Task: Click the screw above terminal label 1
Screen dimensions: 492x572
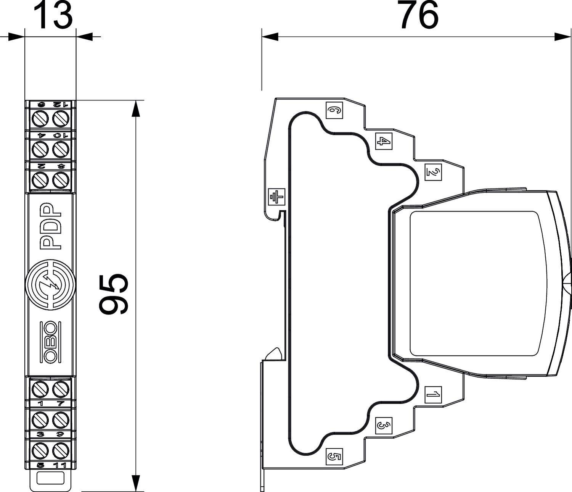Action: [39, 389]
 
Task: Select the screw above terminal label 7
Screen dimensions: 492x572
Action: [60, 389]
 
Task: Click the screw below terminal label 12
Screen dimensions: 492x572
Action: [60, 119]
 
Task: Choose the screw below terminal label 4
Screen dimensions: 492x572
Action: [39, 148]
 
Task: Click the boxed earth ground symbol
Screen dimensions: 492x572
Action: [276, 197]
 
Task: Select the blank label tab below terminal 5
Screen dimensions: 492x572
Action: [50, 478]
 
